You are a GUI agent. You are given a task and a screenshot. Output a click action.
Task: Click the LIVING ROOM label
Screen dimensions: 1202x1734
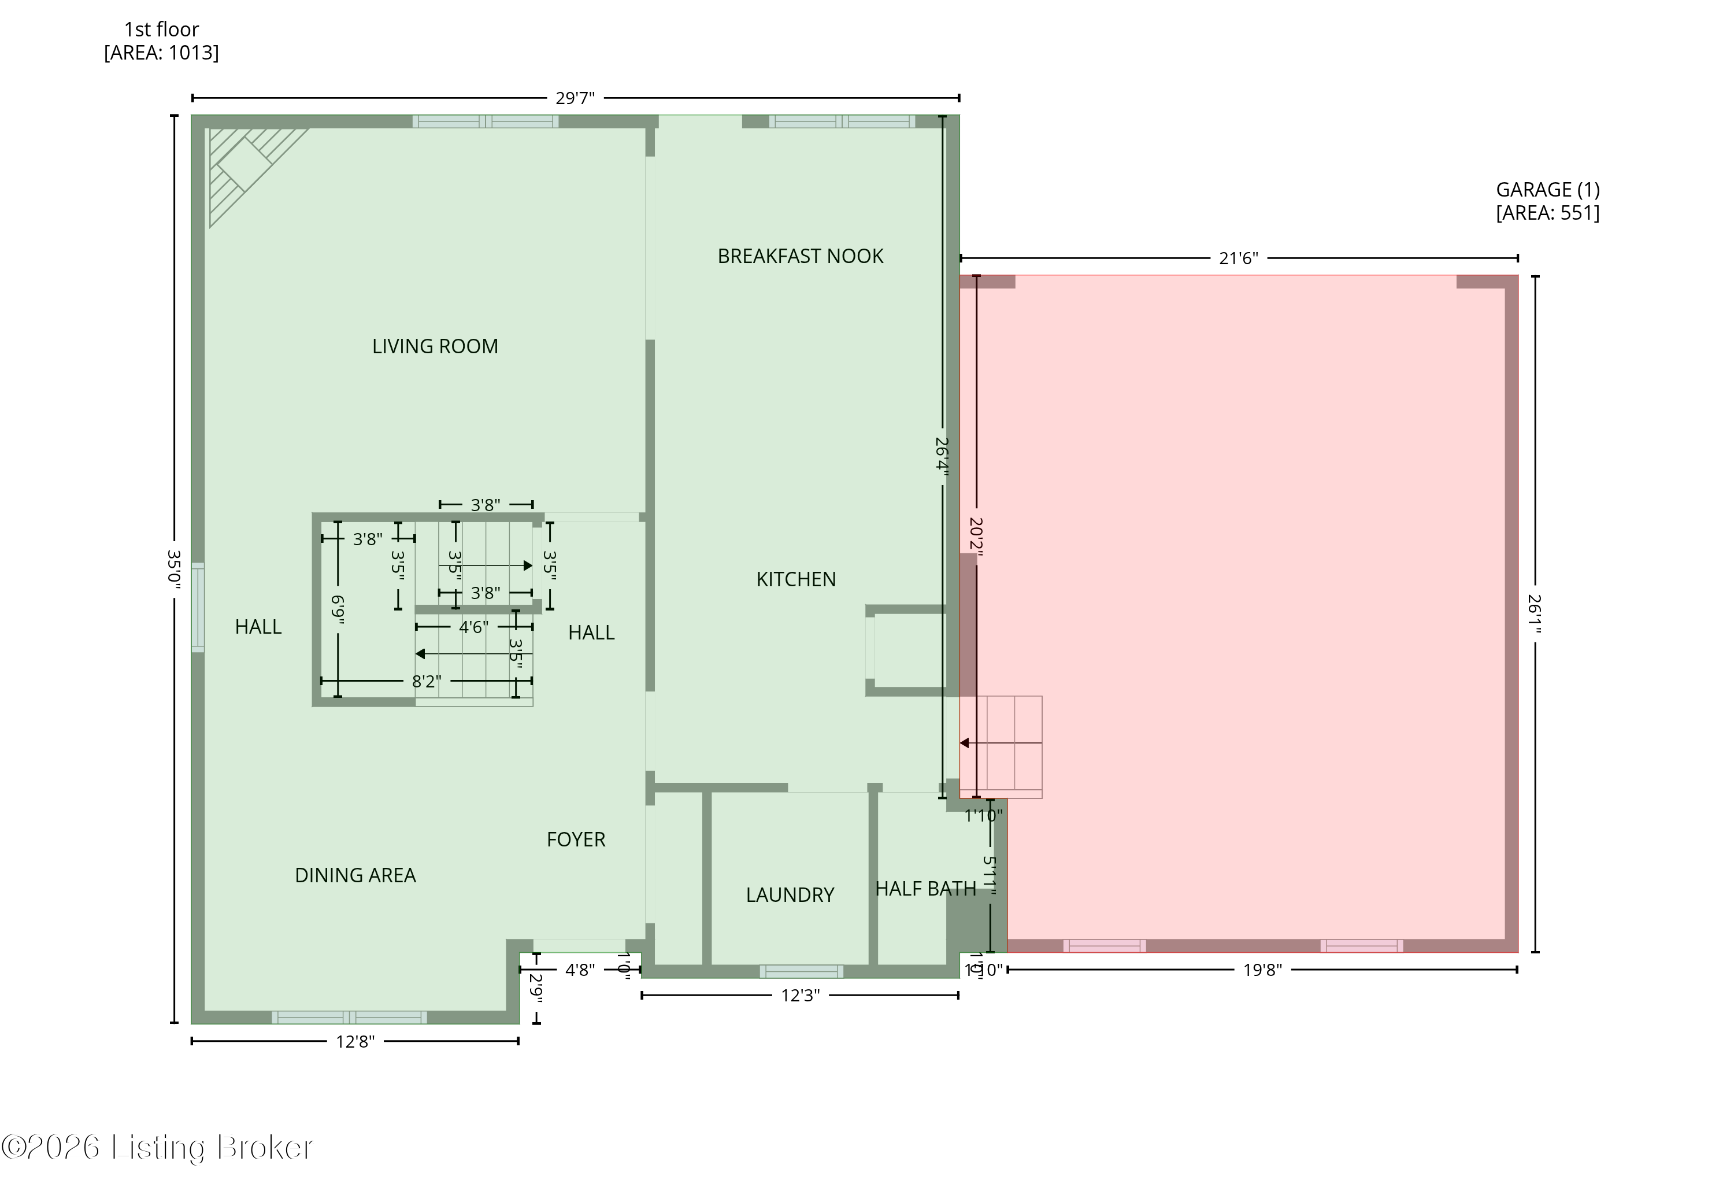pos(435,346)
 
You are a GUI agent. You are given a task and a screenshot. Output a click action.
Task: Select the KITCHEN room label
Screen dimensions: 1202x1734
pos(796,579)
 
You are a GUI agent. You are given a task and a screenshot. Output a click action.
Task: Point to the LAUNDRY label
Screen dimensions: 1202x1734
pos(790,895)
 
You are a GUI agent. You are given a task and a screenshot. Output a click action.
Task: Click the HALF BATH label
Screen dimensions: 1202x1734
pos(925,889)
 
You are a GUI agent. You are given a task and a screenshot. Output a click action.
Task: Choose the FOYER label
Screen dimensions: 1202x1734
pos(576,839)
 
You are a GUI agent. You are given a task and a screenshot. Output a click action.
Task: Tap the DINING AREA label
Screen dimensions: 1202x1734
pos(355,875)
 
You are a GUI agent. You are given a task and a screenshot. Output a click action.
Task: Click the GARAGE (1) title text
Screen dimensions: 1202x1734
pos(1547,190)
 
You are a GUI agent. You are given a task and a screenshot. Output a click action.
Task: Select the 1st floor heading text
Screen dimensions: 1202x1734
pos(161,30)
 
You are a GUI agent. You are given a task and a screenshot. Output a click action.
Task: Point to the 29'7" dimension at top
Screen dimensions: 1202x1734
pos(575,98)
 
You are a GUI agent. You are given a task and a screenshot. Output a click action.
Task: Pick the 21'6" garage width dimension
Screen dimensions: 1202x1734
pos(1238,258)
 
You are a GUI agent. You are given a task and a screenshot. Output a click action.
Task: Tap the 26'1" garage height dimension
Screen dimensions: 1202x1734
pos(1535,614)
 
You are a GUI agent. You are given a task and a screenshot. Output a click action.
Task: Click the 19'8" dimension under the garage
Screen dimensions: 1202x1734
pos(1262,970)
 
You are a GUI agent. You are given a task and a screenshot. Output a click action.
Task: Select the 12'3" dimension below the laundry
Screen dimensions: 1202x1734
pos(799,996)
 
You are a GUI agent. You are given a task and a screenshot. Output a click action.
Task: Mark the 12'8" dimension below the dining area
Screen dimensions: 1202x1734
pos(355,1042)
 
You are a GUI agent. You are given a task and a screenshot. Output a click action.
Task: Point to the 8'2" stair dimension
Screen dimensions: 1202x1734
pos(426,682)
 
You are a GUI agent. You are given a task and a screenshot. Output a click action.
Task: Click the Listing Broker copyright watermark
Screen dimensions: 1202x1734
pos(157,1147)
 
